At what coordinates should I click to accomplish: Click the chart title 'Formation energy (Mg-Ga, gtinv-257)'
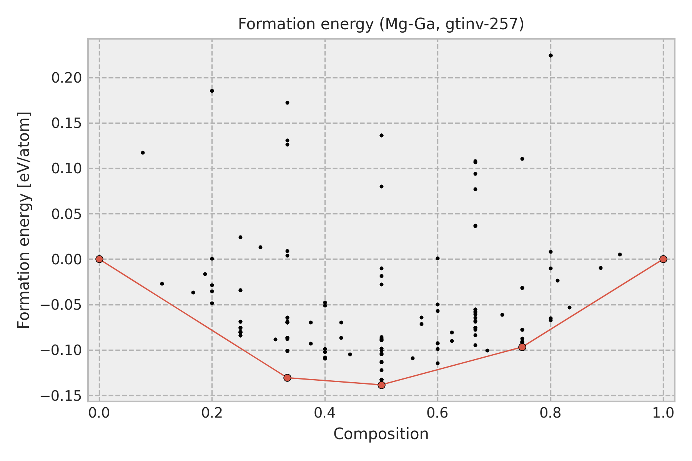381,25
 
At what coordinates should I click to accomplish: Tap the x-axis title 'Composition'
381,434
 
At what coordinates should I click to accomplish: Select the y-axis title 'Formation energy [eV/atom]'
24,220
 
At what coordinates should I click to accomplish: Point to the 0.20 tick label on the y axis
67,78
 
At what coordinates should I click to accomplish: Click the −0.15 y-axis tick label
64,395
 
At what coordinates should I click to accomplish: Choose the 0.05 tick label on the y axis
67,214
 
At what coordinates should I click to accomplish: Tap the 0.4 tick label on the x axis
325,413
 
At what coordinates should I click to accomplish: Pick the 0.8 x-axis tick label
550,413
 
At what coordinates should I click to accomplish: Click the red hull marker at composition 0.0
100,259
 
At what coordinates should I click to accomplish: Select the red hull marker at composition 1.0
663,259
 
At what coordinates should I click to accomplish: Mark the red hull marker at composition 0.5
381,385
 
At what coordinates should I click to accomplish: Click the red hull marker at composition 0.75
522,347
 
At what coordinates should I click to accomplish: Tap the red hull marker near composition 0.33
287,378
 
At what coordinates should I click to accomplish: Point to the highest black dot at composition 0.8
551,56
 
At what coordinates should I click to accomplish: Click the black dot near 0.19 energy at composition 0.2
212,91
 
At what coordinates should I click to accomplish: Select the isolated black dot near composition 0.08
143,153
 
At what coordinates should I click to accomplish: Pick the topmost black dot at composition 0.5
381,135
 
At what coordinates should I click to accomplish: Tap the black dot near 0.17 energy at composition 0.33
287,103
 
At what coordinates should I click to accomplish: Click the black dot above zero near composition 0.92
620,254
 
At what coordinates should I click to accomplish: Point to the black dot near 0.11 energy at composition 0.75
522,159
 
